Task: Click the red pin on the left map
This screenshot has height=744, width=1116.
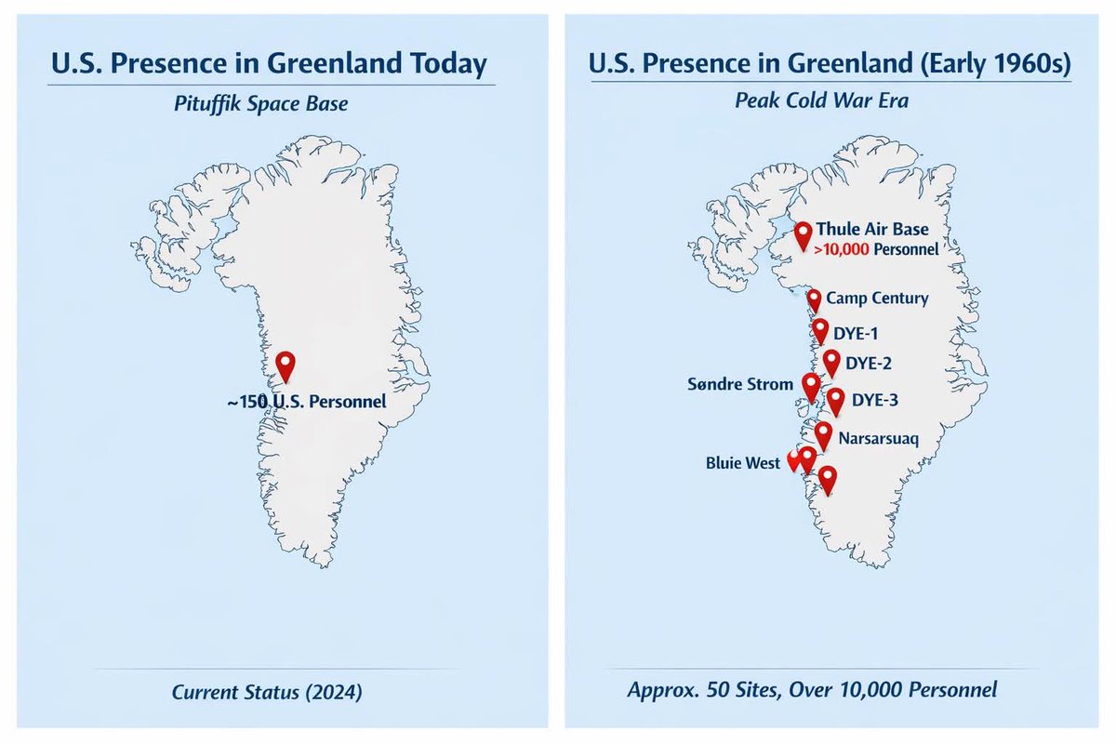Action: coord(286,365)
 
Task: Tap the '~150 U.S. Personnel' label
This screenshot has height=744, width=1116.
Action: coord(305,404)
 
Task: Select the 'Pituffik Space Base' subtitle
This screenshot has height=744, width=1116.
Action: coord(260,102)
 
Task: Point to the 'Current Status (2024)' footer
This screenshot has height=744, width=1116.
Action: coord(267,691)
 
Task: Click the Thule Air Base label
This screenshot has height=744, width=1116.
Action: coord(872,230)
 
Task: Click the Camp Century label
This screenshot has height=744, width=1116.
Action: coord(877,299)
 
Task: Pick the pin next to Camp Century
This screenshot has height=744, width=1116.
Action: coord(814,299)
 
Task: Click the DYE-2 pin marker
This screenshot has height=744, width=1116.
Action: coord(832,361)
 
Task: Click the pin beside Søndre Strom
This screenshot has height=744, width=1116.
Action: coord(811,385)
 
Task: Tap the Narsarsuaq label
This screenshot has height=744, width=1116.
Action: coord(878,437)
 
